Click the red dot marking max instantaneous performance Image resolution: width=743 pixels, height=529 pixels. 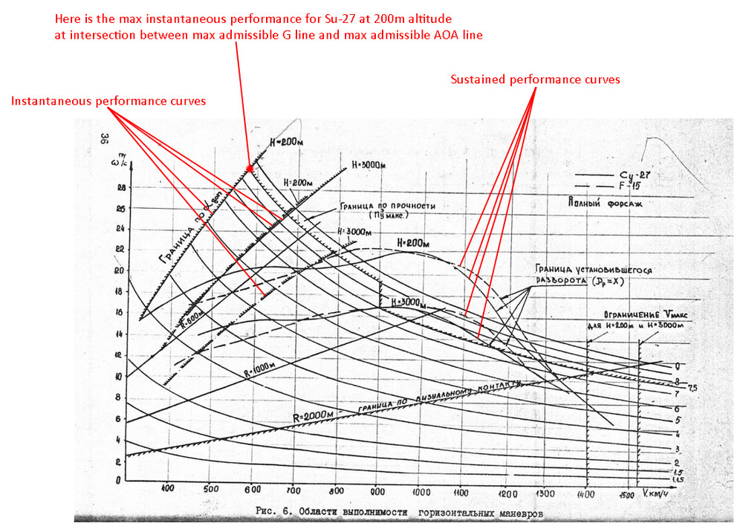coord(250,169)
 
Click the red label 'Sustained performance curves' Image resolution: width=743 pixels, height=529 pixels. coord(536,79)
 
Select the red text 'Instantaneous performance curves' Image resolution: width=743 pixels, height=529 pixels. coord(108,100)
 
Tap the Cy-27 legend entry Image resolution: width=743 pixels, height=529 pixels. coord(635,175)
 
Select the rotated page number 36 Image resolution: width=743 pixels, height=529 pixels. coord(106,139)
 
